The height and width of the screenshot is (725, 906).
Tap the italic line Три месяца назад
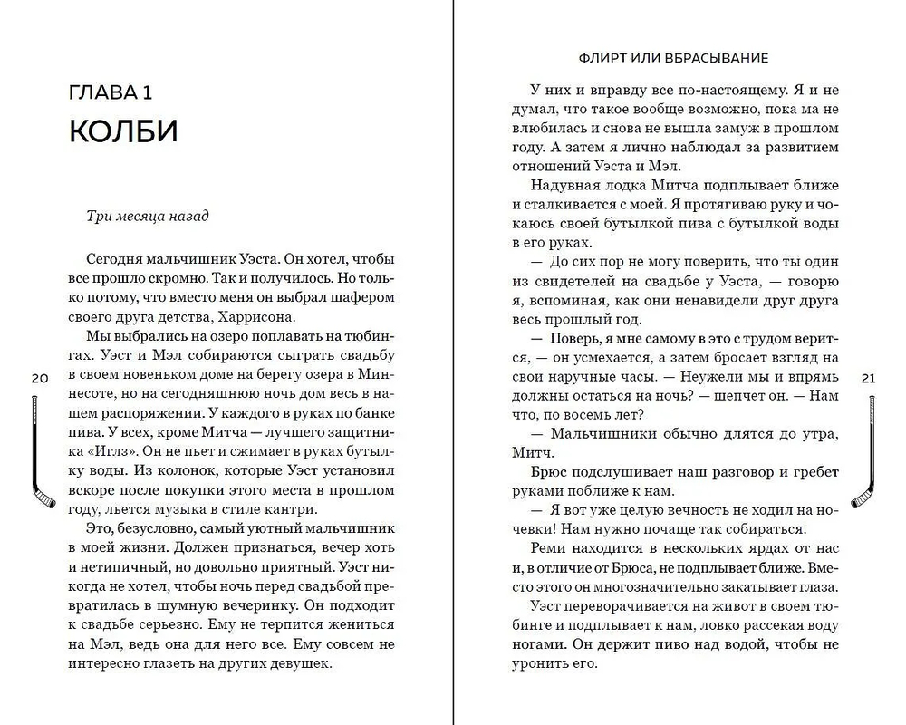coord(147,217)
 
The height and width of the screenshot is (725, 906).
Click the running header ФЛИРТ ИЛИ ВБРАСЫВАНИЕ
coord(672,58)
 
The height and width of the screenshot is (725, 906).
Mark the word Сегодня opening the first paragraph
coord(115,256)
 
